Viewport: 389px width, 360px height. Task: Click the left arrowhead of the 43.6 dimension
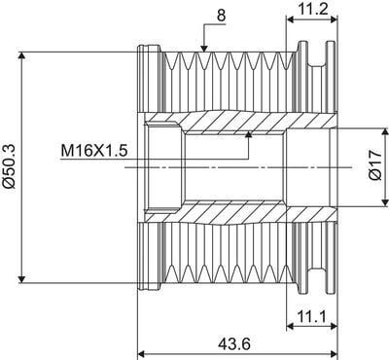coord(142,348)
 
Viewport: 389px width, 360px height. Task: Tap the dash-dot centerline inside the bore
coord(224,167)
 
